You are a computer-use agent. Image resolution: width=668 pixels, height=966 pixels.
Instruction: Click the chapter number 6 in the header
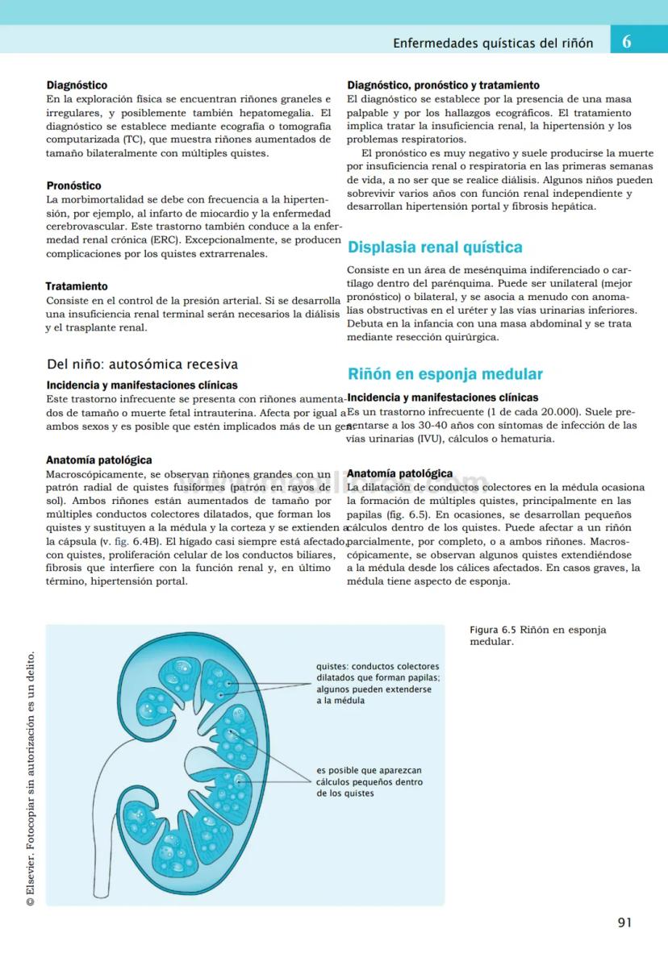pyautogui.click(x=627, y=42)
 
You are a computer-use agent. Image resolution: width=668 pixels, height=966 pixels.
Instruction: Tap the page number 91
pyautogui.click(x=624, y=922)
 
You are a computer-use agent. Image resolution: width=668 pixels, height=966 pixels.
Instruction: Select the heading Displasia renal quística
pyautogui.click(x=435, y=247)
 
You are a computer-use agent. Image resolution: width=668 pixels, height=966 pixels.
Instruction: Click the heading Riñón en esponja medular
pyautogui.click(x=445, y=373)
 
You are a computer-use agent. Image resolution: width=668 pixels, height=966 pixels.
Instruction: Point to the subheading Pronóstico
pyautogui.click(x=73, y=185)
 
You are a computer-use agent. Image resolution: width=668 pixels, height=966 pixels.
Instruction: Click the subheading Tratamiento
pyautogui.click(x=77, y=286)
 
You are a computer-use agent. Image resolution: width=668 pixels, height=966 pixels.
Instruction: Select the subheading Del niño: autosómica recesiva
pyautogui.click(x=142, y=364)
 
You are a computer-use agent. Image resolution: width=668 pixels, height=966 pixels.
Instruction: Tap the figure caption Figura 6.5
pyautogui.click(x=537, y=635)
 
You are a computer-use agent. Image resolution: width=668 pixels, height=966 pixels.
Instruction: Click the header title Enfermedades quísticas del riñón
pyautogui.click(x=493, y=43)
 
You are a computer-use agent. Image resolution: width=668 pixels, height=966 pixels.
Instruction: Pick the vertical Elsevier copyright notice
pyautogui.click(x=30, y=778)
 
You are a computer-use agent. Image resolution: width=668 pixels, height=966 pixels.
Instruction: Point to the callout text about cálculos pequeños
pyautogui.click(x=369, y=781)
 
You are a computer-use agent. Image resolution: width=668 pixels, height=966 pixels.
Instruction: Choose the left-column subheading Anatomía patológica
pyautogui.click(x=99, y=460)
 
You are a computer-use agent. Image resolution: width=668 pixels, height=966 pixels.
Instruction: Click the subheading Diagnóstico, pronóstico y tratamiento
pyautogui.click(x=443, y=85)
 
